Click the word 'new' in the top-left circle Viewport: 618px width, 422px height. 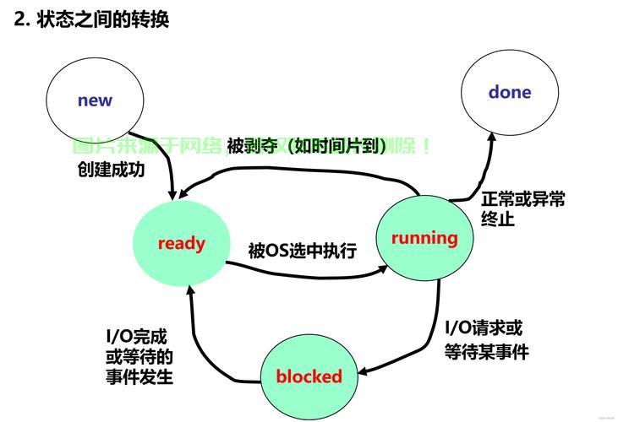point(95,100)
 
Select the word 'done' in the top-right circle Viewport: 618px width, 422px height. point(510,92)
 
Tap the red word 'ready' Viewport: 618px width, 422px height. point(181,243)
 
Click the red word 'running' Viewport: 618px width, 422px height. point(424,238)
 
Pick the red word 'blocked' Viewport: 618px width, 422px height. point(309,376)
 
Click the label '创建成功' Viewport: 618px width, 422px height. point(111,169)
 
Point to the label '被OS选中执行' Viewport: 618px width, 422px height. point(302,251)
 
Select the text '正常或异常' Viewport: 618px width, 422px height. point(523,199)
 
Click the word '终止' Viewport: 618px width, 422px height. point(498,219)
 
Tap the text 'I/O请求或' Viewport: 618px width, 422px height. point(484,328)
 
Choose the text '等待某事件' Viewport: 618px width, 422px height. point(486,352)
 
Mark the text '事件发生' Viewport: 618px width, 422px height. point(139,376)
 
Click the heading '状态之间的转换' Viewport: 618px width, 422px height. point(102,19)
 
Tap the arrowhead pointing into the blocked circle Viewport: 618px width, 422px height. point(360,371)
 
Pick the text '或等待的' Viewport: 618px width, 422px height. point(139,356)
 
